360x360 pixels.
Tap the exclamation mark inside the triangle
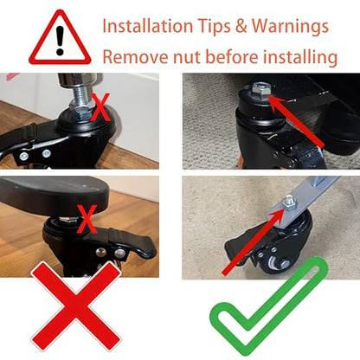(x=60, y=41)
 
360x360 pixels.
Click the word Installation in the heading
(x=148, y=26)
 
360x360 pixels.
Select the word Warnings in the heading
(x=290, y=27)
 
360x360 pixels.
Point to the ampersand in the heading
(x=241, y=26)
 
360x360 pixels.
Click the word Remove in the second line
(x=136, y=57)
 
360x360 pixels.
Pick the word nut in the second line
(x=187, y=58)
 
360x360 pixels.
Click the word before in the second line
(x=232, y=57)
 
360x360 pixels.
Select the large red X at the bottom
(x=76, y=306)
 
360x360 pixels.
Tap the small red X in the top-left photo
(x=100, y=107)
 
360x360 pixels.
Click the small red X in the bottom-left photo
(x=87, y=219)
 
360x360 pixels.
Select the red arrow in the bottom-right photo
(x=254, y=241)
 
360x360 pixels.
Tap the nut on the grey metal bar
(x=288, y=202)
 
